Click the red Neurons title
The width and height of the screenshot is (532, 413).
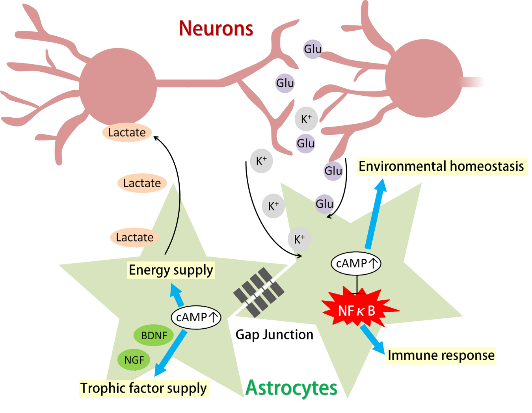click(x=216, y=28)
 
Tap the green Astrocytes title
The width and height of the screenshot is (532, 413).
click(x=291, y=388)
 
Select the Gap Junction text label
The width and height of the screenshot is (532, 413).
click(x=274, y=335)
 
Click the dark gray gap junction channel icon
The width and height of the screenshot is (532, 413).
click(x=259, y=292)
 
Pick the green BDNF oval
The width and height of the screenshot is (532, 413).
click(x=154, y=335)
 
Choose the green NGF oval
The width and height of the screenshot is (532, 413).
click(x=134, y=360)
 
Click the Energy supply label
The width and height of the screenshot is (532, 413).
click(x=171, y=270)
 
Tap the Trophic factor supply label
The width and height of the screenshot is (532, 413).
click(x=143, y=388)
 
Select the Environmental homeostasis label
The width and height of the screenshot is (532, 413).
click(x=441, y=166)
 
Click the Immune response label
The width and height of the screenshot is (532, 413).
click(x=441, y=355)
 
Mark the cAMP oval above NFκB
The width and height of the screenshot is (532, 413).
click(x=356, y=263)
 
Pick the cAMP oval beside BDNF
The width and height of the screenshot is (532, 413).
click(x=196, y=317)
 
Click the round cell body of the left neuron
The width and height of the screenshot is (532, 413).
click(x=118, y=87)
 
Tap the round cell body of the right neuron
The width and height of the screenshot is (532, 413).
click(x=424, y=78)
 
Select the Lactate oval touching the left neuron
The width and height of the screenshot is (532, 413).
click(x=127, y=132)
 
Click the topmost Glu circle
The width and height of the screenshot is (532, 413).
click(x=313, y=49)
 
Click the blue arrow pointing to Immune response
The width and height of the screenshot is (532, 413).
click(x=372, y=339)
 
